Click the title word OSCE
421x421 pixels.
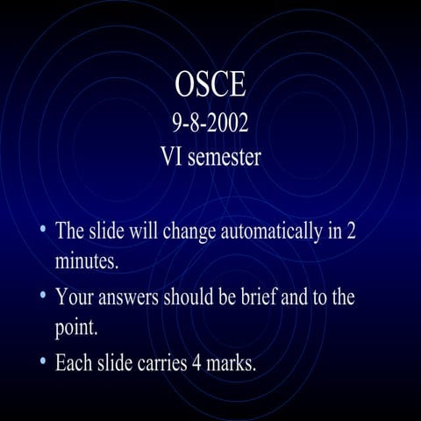[210, 86]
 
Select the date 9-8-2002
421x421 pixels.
[210, 122]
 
